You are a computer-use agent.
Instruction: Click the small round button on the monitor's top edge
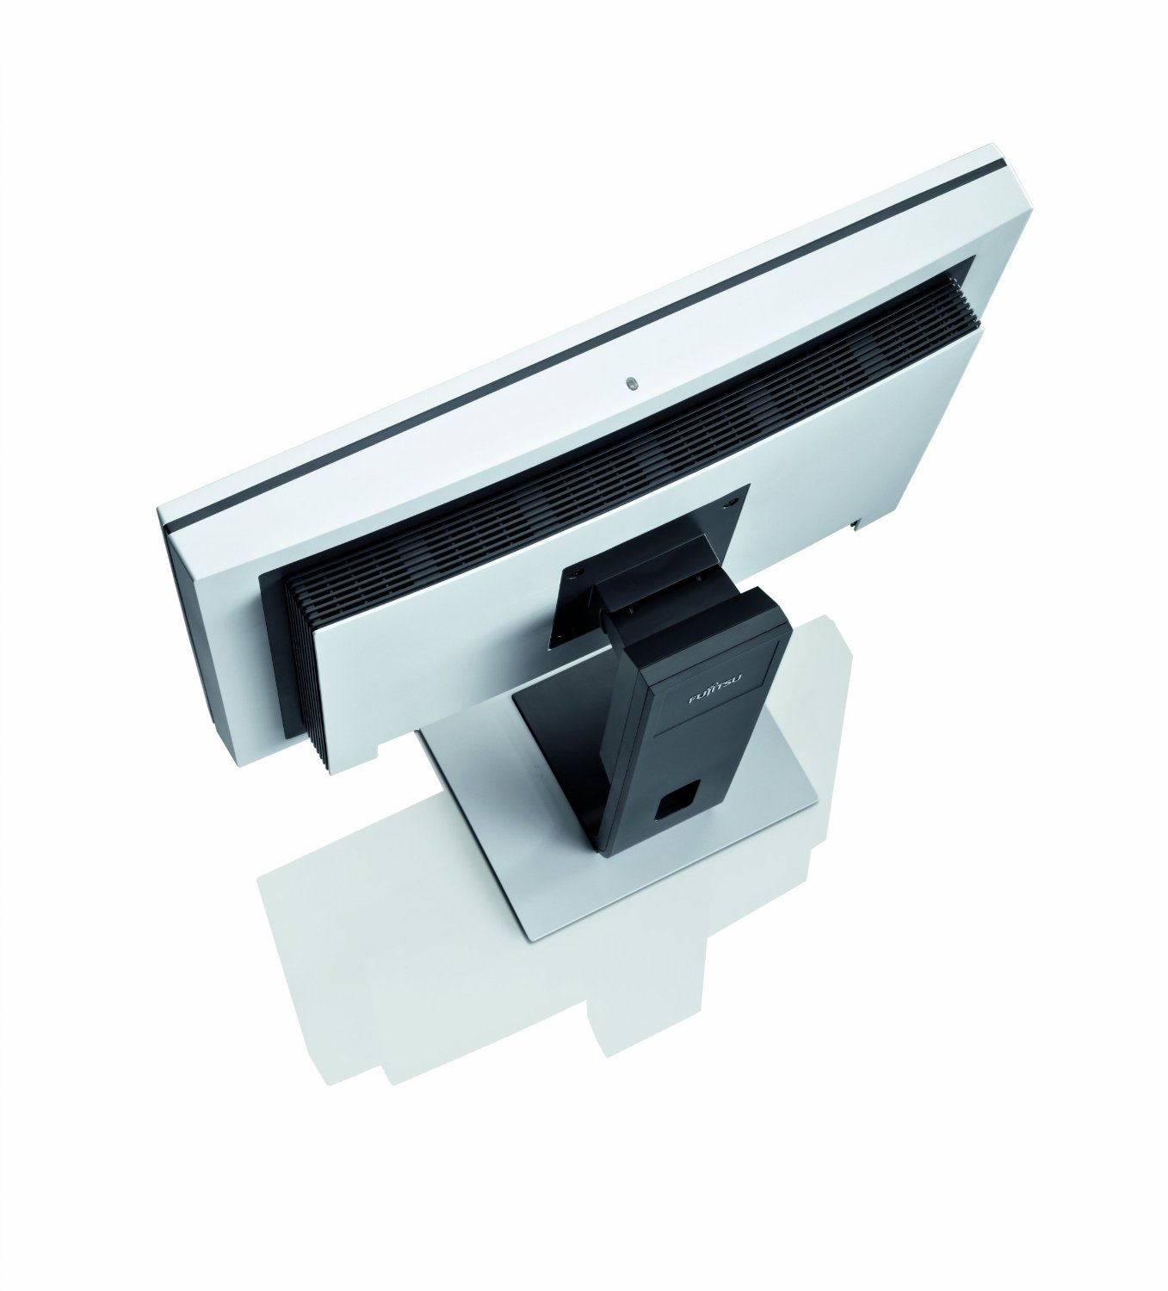coord(632,384)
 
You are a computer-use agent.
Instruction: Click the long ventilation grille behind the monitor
coord(618,463)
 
